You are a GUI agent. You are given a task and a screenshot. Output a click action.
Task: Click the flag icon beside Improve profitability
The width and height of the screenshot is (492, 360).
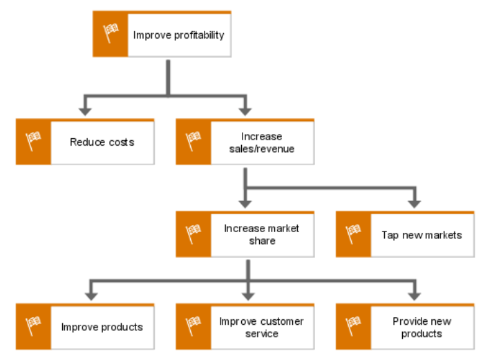tap(111, 33)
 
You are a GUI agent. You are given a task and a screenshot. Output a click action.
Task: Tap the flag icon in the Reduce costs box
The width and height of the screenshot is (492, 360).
tap(33, 141)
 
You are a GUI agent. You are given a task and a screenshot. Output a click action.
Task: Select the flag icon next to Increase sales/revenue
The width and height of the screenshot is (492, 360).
tap(193, 141)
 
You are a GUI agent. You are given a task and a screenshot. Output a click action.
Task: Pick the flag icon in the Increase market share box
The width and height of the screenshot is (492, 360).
tap(193, 234)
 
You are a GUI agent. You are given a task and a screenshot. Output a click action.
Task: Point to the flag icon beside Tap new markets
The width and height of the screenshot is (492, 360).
tap(353, 234)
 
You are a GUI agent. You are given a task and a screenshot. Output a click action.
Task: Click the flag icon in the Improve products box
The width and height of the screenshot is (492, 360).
tap(33, 326)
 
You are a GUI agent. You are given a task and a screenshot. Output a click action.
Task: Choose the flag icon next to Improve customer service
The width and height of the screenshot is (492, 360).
tap(193, 326)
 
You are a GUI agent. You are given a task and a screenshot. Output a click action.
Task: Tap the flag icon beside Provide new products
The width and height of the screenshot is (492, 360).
tap(353, 326)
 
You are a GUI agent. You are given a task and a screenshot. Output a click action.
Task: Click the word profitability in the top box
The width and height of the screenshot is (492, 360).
tap(199, 35)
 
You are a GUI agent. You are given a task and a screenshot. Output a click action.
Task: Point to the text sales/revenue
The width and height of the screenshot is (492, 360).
tap(262, 149)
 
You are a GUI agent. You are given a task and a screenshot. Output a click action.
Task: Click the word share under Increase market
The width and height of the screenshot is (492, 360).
tap(263, 240)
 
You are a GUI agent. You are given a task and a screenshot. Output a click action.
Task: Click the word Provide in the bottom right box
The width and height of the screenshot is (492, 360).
tap(407, 321)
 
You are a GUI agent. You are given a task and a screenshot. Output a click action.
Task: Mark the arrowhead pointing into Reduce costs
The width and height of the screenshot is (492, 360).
tap(85, 112)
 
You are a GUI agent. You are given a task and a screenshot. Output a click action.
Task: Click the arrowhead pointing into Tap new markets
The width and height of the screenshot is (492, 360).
tap(415, 204)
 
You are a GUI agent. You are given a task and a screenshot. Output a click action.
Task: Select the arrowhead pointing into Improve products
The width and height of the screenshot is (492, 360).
tap(91, 296)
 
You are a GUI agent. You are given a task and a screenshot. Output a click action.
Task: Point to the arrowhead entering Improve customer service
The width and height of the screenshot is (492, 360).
tap(248, 296)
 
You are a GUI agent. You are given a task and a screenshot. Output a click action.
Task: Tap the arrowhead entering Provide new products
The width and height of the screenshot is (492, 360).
tap(415, 296)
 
